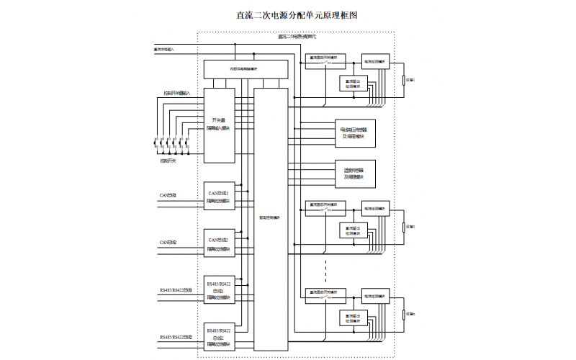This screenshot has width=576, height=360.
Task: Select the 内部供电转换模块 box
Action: pos(245,69)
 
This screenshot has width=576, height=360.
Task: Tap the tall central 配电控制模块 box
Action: pos(269,217)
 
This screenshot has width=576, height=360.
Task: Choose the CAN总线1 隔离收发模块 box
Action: pos(219,198)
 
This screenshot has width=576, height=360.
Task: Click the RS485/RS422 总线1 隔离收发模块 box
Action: pos(219,290)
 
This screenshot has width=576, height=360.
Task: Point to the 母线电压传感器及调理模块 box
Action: pos(354,132)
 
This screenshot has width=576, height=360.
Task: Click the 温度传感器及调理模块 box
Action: pos(354,173)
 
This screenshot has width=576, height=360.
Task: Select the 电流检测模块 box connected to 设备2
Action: pos(374,209)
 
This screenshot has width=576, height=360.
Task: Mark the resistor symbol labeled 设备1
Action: pos(404,80)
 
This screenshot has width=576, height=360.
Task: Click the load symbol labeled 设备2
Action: pos(404,226)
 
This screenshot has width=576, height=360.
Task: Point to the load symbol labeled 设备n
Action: pos(404,315)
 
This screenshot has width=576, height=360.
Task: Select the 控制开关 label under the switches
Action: pos(168,161)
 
